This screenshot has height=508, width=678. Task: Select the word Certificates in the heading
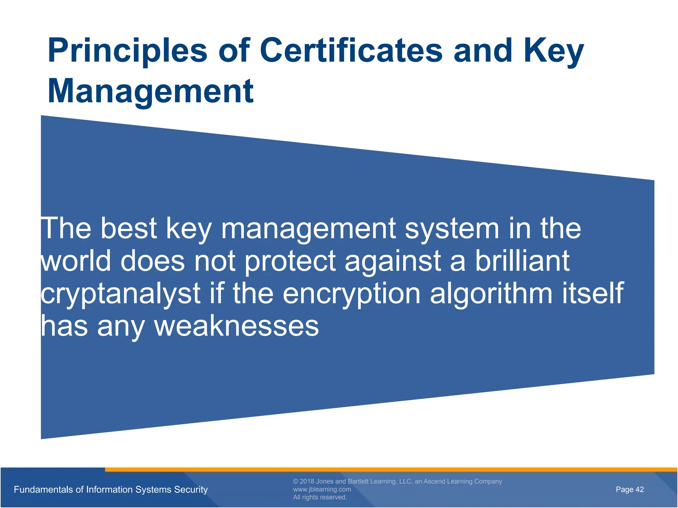point(351,50)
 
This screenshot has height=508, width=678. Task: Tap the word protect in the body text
point(290,261)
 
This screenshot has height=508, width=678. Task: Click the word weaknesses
point(236,326)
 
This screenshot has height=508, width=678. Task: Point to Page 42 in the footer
point(630,489)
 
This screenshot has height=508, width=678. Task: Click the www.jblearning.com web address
point(322,489)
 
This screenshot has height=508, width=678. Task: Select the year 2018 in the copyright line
point(307,481)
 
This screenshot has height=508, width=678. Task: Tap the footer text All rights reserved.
point(320,497)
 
